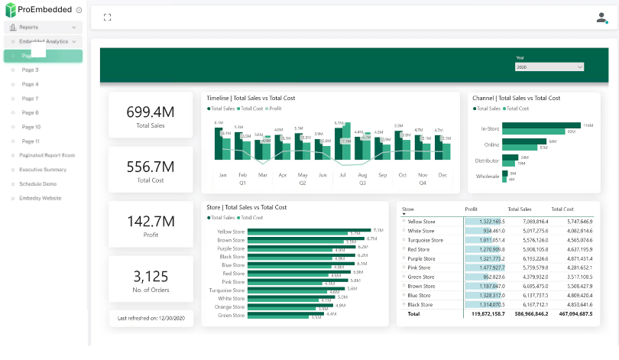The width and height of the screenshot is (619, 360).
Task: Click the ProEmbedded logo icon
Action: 10,9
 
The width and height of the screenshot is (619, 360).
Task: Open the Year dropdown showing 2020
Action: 549,67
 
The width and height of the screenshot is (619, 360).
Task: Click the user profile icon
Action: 602,18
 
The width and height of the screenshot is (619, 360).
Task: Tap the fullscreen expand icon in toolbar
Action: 107,18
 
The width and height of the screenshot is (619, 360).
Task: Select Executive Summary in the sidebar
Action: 43,169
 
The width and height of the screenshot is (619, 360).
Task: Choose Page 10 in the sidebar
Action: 31,127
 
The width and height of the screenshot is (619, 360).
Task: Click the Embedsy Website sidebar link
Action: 41,198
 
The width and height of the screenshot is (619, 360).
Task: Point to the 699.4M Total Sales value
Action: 150,112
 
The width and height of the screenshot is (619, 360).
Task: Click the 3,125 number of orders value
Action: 150,276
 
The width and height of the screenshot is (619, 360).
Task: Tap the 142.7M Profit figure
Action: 150,222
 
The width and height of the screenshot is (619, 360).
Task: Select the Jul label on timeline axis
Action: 342,175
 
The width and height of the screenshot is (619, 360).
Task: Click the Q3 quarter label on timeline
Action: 362,183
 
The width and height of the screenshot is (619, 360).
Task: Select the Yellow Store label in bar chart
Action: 231,231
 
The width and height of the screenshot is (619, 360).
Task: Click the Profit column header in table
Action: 472,209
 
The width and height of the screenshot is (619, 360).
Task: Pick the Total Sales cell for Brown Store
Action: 534,285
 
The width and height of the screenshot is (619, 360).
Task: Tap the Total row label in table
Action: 413,313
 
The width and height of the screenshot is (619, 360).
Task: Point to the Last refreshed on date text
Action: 150,317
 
